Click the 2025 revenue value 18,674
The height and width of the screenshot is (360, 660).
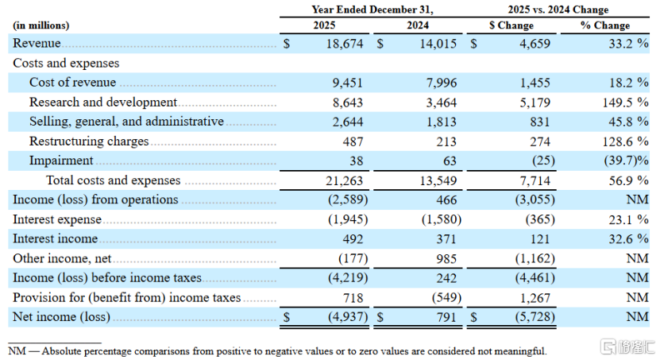click(x=345, y=44)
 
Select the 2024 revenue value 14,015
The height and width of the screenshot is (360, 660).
click(x=438, y=44)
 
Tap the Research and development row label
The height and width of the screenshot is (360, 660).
click(x=103, y=103)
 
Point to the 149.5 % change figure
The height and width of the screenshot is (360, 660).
click(x=625, y=103)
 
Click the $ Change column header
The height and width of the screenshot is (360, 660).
click(x=511, y=25)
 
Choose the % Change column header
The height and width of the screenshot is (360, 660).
click(x=605, y=25)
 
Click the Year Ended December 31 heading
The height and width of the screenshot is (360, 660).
click(x=372, y=10)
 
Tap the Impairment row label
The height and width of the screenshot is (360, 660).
click(x=61, y=161)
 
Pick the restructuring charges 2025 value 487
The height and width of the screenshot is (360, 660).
click(x=353, y=141)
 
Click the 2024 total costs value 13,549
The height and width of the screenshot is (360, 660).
click(x=438, y=180)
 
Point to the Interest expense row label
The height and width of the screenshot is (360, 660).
click(x=57, y=219)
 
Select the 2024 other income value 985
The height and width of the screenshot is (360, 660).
click(x=446, y=258)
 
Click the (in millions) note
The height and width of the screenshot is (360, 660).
click(x=41, y=25)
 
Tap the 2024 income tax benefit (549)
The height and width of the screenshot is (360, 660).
click(x=446, y=298)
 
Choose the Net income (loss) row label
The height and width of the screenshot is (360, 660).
click(x=61, y=316)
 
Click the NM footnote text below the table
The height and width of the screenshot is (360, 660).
click(x=277, y=350)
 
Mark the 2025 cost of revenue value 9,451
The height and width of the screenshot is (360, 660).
click(x=347, y=83)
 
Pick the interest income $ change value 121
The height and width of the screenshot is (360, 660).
click(x=539, y=239)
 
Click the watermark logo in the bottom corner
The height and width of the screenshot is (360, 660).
click(x=627, y=347)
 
